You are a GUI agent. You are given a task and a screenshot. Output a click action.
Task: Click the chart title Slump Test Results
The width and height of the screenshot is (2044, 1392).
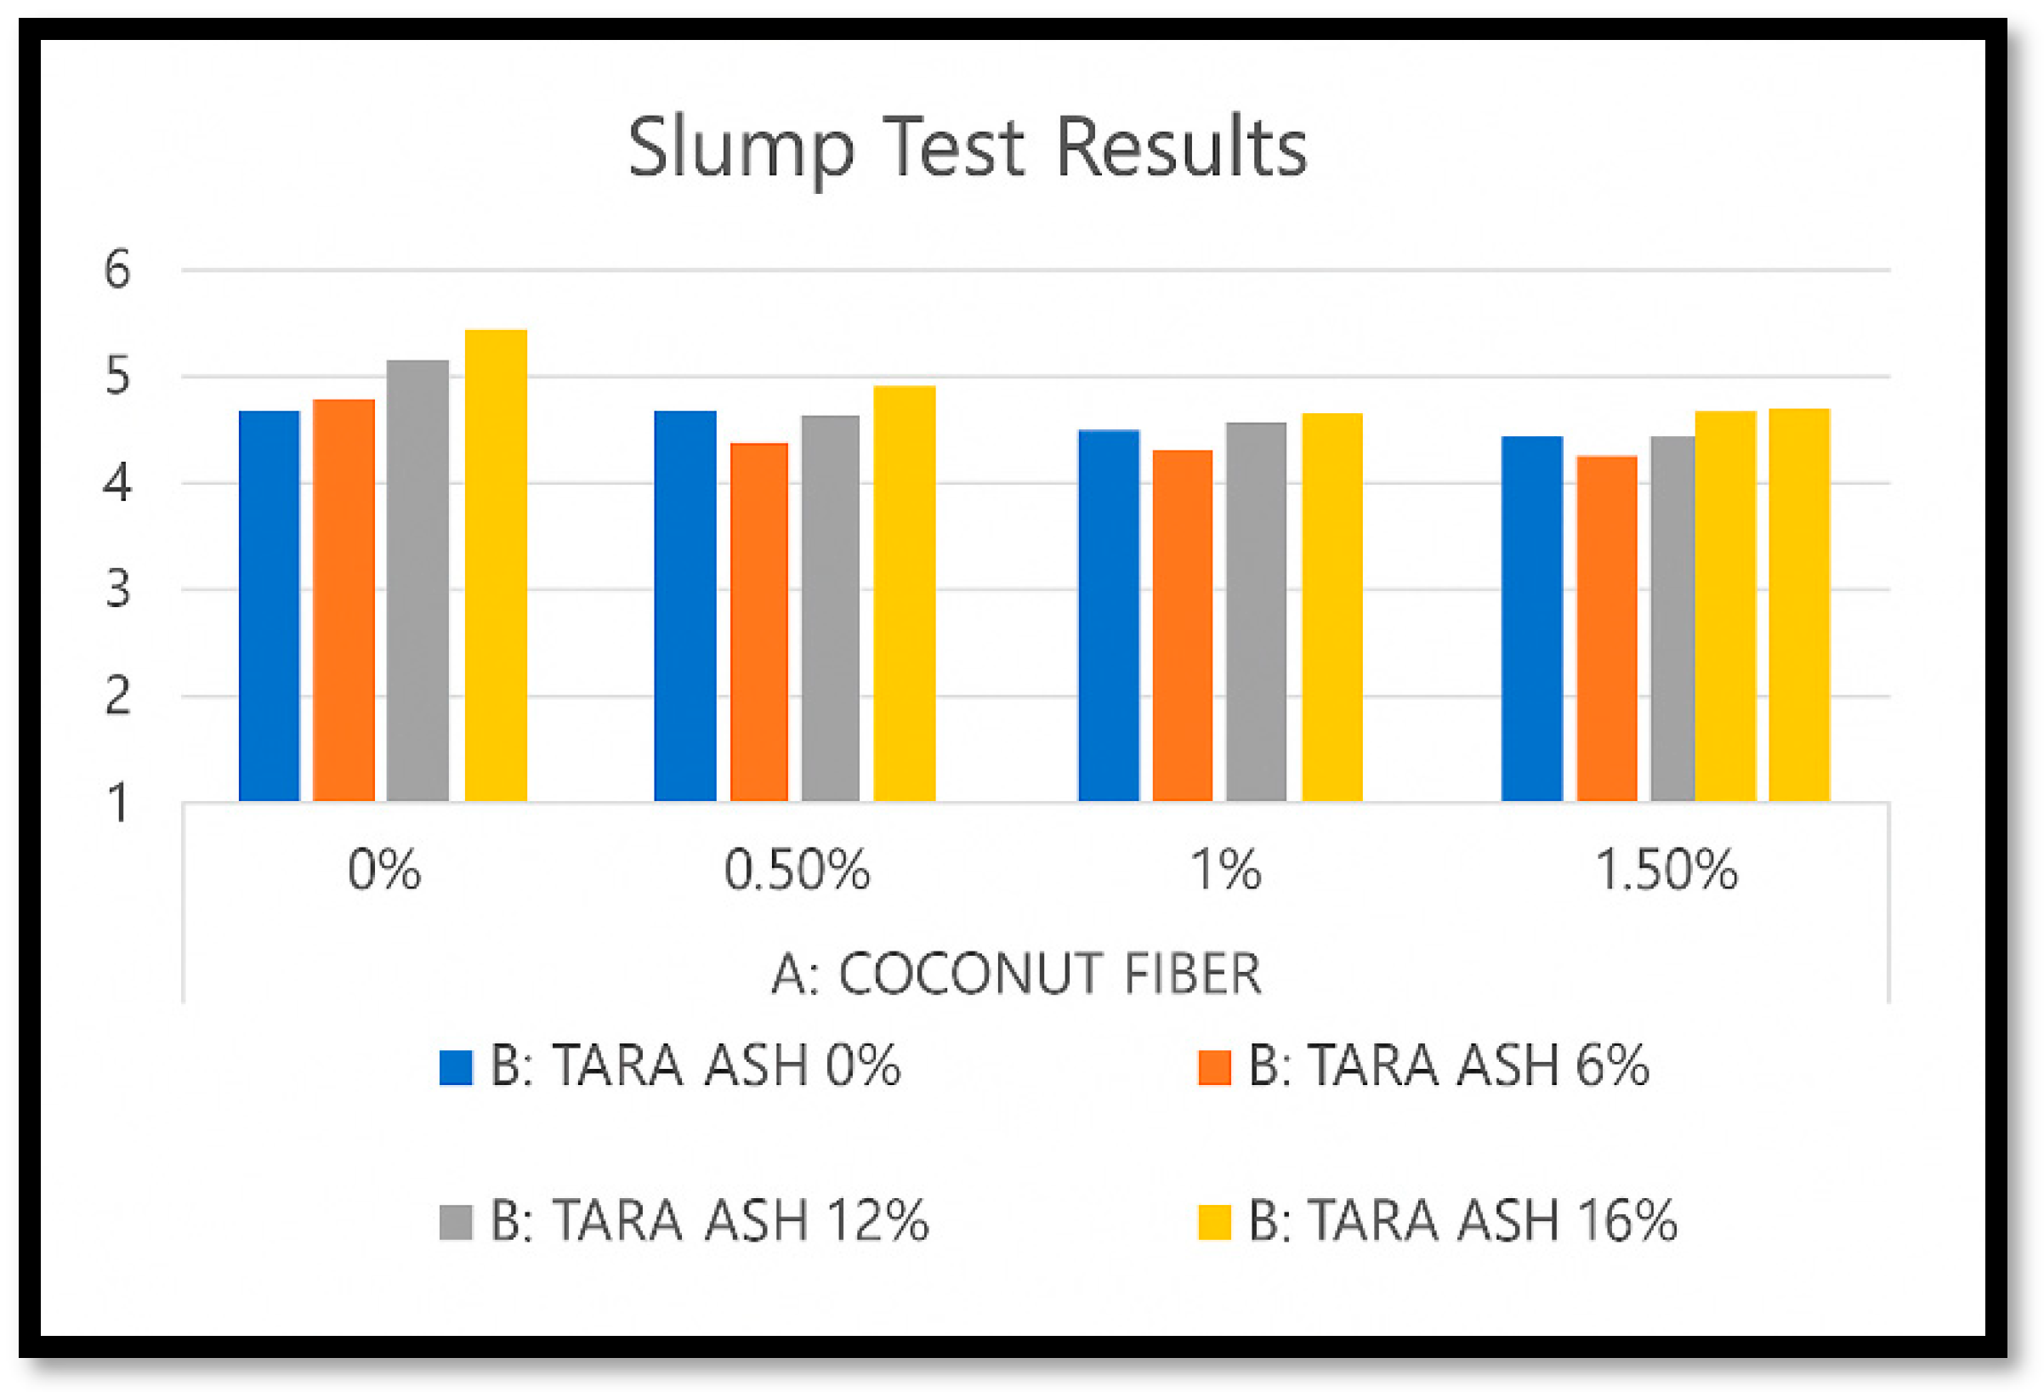(968, 148)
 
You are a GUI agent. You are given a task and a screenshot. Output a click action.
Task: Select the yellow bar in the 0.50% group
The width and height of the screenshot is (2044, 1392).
(904, 593)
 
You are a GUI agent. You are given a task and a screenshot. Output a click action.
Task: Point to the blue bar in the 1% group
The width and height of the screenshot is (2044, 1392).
(1108, 615)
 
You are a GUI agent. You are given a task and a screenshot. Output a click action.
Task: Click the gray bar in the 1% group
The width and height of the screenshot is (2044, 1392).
(1256, 611)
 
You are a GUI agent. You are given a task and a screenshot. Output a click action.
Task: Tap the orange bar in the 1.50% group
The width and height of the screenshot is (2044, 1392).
(1606, 628)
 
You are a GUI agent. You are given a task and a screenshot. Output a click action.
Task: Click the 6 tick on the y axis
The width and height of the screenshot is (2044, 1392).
(117, 270)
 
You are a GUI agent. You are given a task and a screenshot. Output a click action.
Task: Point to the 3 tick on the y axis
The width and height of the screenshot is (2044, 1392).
(117, 589)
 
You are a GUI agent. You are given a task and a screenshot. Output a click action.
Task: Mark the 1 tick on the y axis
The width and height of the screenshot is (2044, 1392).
(117, 803)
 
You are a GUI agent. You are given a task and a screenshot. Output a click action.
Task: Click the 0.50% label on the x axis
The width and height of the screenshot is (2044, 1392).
(797, 871)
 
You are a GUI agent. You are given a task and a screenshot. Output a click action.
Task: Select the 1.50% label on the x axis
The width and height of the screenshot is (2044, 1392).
(1666, 871)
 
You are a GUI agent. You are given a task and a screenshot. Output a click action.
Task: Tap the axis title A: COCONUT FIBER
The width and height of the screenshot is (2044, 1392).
(1016, 974)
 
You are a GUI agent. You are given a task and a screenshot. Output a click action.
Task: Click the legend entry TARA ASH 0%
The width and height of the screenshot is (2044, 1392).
(695, 1065)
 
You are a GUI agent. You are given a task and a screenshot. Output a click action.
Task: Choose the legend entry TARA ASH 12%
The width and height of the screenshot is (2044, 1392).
(709, 1220)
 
